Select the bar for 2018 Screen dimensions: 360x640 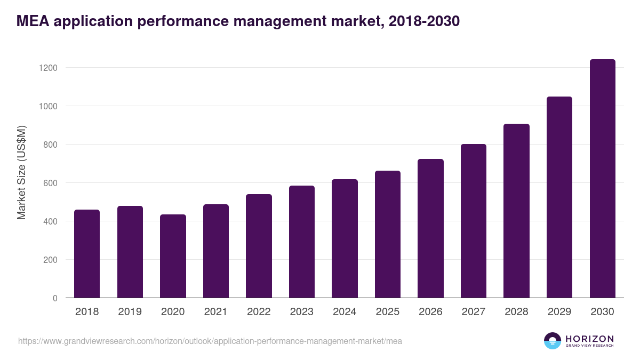click(87, 254)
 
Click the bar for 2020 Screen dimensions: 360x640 click(173, 256)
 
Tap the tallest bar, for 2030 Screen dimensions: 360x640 click(602, 179)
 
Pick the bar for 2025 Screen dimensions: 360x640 click(388, 234)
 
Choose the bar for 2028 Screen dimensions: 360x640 click(516, 211)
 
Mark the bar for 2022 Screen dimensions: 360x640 click(259, 246)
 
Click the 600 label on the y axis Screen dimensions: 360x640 click(50, 183)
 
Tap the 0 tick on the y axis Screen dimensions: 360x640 click(54, 298)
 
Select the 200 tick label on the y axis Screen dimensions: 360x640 click(50, 260)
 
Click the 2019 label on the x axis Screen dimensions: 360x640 click(130, 312)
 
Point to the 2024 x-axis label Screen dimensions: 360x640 click(345, 312)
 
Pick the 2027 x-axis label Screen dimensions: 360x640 click(473, 312)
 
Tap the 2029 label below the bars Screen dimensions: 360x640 click(559, 312)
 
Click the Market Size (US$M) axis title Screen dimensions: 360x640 click(21, 173)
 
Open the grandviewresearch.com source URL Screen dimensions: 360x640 click(210, 341)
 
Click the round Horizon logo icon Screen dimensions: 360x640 click(553, 341)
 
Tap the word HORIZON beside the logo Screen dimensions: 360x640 click(589, 339)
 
